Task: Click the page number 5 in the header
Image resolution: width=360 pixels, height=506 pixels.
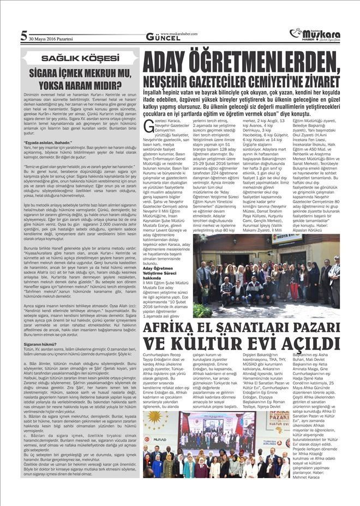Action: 23,36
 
